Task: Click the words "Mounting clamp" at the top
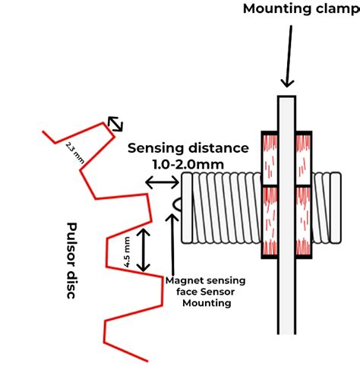[299, 9]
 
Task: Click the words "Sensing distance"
[188, 147]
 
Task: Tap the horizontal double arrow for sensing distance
[161, 182]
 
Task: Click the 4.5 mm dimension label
[128, 251]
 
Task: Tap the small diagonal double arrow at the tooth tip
[115, 123]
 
